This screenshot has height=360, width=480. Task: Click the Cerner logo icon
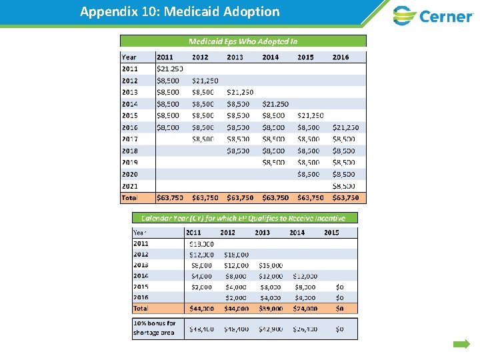[404, 15]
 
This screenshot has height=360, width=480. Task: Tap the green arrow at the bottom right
[461, 345]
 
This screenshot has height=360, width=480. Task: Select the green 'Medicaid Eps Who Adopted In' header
[243, 41]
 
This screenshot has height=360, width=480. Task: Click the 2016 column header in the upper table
[340, 57]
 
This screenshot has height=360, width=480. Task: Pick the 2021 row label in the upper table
[129, 186]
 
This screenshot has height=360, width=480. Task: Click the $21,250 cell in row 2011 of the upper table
[169, 69]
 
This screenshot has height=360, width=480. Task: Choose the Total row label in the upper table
[129, 197]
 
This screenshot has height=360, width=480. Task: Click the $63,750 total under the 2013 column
[240, 197]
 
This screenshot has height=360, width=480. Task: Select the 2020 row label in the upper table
[129, 174]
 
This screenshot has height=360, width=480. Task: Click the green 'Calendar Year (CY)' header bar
[243, 218]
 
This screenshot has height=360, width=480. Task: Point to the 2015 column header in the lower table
[331, 233]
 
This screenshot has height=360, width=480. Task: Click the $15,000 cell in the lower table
[271, 265]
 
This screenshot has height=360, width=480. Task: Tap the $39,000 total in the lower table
[270, 309]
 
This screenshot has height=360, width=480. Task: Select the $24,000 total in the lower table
[305, 309]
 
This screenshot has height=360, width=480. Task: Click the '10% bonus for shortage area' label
[154, 328]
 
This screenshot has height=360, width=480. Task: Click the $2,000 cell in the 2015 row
[201, 287]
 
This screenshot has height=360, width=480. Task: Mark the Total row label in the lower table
[141, 309]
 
